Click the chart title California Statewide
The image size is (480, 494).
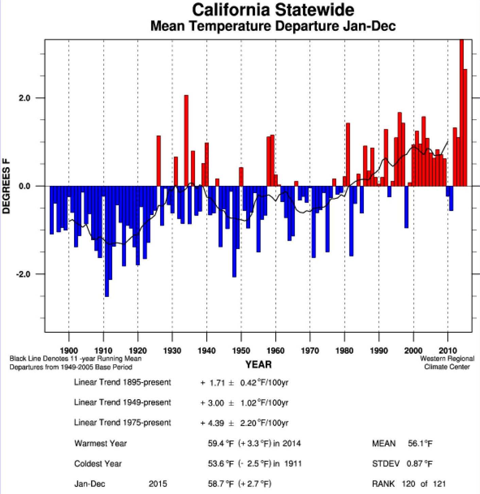(x=273, y=10)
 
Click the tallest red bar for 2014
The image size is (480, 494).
(x=461, y=112)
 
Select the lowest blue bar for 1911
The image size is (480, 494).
(x=107, y=241)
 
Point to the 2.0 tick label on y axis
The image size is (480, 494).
(x=24, y=98)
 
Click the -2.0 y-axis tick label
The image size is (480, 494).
(x=23, y=274)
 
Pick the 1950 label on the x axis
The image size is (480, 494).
(x=241, y=350)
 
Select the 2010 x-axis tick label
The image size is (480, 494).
(x=448, y=350)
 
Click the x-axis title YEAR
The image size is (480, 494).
(x=258, y=365)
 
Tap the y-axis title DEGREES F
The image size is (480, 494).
(x=6, y=186)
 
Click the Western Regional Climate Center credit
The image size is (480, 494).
(x=447, y=363)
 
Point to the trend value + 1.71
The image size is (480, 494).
(x=212, y=383)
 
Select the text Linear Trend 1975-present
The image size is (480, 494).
(x=122, y=423)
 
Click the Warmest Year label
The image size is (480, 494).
(x=100, y=443)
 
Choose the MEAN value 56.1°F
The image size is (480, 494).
(x=420, y=443)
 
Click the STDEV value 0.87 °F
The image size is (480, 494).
(x=419, y=464)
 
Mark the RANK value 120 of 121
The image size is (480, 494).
(x=423, y=484)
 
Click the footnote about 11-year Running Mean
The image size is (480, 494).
(x=75, y=358)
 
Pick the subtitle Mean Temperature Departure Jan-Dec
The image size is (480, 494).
(x=273, y=26)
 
